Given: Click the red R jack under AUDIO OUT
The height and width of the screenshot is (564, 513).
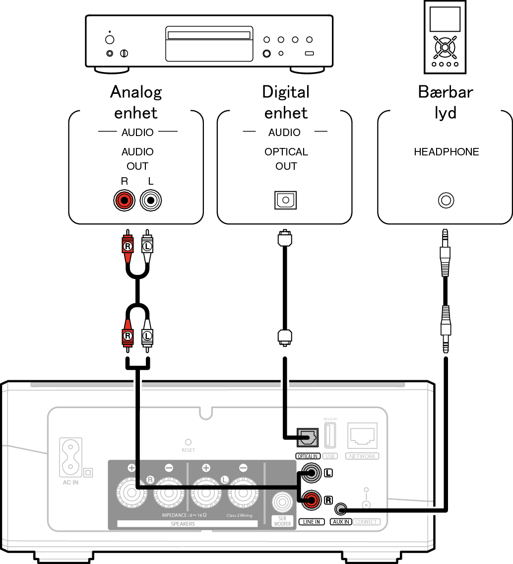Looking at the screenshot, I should click(124, 201).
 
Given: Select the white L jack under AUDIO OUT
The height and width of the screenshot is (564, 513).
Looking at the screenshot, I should click(150, 201).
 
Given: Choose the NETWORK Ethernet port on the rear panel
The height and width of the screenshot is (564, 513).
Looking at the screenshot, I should click(362, 436).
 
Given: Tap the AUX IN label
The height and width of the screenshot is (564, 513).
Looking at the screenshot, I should click(341, 522).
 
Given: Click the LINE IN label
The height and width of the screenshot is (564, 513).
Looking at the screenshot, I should click(312, 522).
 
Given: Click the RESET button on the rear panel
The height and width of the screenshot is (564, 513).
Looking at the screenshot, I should click(188, 442).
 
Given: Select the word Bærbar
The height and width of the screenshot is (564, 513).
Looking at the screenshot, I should click(445, 92).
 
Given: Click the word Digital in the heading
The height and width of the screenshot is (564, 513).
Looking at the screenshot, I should click(286, 92).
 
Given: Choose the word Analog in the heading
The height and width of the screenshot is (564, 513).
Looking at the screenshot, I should click(136, 92).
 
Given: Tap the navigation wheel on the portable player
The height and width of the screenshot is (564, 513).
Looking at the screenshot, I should click(445, 47).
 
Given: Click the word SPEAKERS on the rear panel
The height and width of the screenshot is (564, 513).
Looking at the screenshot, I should click(183, 524).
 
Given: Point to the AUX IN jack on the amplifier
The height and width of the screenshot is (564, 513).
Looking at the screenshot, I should click(340, 509).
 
